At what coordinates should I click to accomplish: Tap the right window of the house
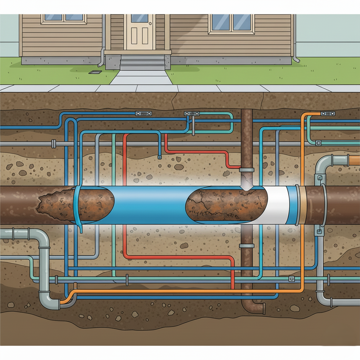click(231, 23)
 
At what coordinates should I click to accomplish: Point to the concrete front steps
click(142, 63)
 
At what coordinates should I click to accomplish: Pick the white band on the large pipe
click(278, 205)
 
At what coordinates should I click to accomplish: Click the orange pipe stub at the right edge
click(354, 160)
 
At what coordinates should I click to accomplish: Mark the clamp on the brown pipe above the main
click(246, 170)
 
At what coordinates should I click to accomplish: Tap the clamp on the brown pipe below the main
click(246, 245)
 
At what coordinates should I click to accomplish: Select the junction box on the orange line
click(328, 114)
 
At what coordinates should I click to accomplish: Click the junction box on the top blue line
click(143, 114)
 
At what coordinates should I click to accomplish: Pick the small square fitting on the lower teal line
click(291, 279)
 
